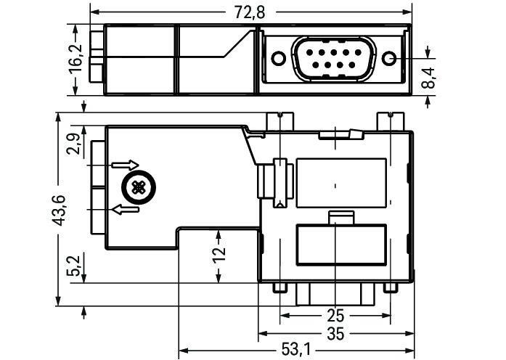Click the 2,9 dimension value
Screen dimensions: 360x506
click(x=73, y=144)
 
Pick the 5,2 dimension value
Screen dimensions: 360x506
click(x=73, y=267)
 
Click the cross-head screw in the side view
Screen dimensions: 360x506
click(x=136, y=188)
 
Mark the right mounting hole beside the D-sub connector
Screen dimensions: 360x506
click(x=391, y=59)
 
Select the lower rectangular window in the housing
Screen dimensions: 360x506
click(x=340, y=245)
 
